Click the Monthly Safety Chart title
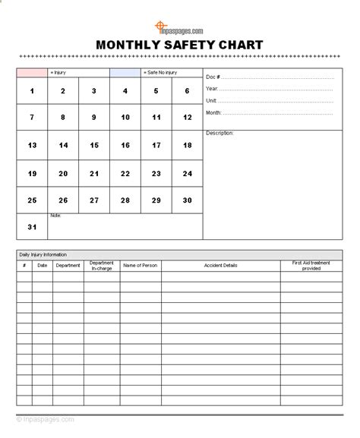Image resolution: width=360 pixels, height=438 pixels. [179, 45]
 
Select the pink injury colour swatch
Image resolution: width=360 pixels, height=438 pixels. [31, 73]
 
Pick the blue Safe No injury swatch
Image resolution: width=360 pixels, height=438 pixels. [125, 73]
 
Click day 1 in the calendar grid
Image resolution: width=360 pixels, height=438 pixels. [32, 91]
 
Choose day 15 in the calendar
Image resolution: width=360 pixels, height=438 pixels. [94, 146]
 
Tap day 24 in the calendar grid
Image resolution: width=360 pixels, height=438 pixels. [187, 173]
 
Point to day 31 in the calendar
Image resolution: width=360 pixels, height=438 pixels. [32, 227]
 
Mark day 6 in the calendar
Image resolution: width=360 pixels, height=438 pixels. [187, 91]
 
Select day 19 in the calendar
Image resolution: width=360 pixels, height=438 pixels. [32, 173]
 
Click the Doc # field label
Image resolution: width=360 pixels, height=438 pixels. [213, 77]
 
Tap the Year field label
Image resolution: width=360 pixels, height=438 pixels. [212, 89]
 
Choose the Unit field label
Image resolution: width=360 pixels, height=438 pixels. [211, 100]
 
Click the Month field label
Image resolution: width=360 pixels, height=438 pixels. [213, 112]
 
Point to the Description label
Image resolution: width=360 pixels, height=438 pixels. [220, 133]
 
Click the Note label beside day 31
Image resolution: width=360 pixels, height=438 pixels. [55, 216]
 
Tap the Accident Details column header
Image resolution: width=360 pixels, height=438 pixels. [220, 266]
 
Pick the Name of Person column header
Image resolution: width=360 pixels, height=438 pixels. [141, 266]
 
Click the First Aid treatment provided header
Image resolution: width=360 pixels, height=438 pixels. [311, 266]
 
